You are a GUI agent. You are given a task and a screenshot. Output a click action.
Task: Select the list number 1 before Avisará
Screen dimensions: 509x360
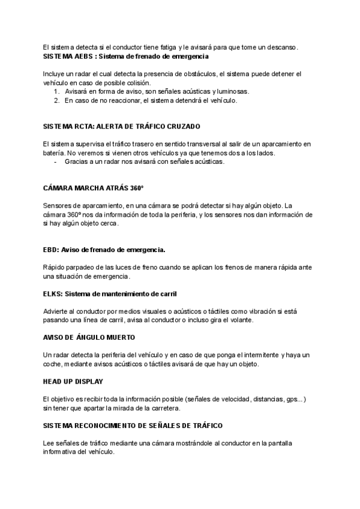click(x=56, y=91)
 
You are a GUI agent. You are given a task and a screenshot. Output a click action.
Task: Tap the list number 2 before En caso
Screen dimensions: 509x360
click(x=56, y=100)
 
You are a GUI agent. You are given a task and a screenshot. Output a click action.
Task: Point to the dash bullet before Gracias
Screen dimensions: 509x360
click(x=56, y=161)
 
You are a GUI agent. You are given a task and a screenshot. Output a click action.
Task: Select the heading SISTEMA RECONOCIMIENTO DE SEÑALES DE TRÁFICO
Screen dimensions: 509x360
click(x=133, y=425)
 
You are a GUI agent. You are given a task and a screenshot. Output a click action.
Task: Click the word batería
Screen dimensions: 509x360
click(x=54, y=153)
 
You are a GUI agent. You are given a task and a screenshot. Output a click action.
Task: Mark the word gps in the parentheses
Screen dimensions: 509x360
click(x=292, y=399)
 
